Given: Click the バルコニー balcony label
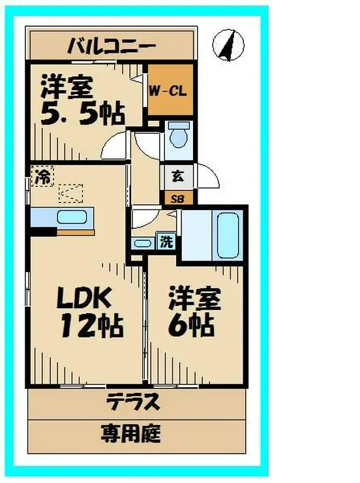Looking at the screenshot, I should [112, 46].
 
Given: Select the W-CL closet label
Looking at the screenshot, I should [170, 91].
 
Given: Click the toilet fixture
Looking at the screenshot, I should [177, 137].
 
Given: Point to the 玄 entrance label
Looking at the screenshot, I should [177, 176].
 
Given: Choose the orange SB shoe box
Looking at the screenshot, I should [177, 198].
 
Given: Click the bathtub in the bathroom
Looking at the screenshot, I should [226, 235].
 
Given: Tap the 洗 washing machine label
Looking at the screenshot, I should [167, 241].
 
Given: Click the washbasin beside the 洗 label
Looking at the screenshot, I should [142, 243].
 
